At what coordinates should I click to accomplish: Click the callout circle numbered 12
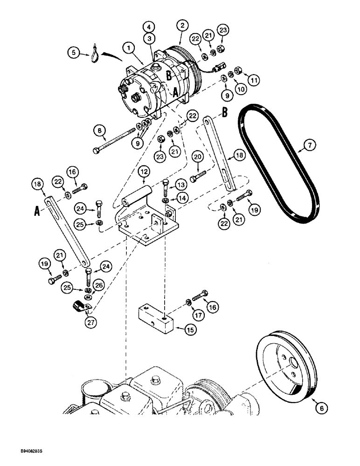144,172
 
